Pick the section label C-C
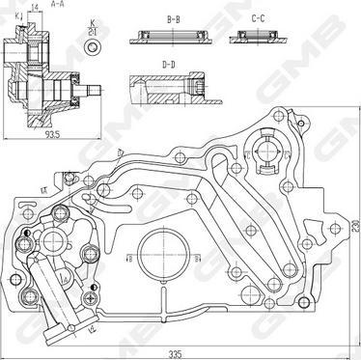pyautogui.click(x=258, y=18)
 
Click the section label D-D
pyautogui.click(x=170, y=66)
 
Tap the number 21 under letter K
pyautogui.click(x=93, y=31)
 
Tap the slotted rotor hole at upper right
pyautogui.click(x=265, y=151)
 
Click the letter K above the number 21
pyautogui.click(x=93, y=21)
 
